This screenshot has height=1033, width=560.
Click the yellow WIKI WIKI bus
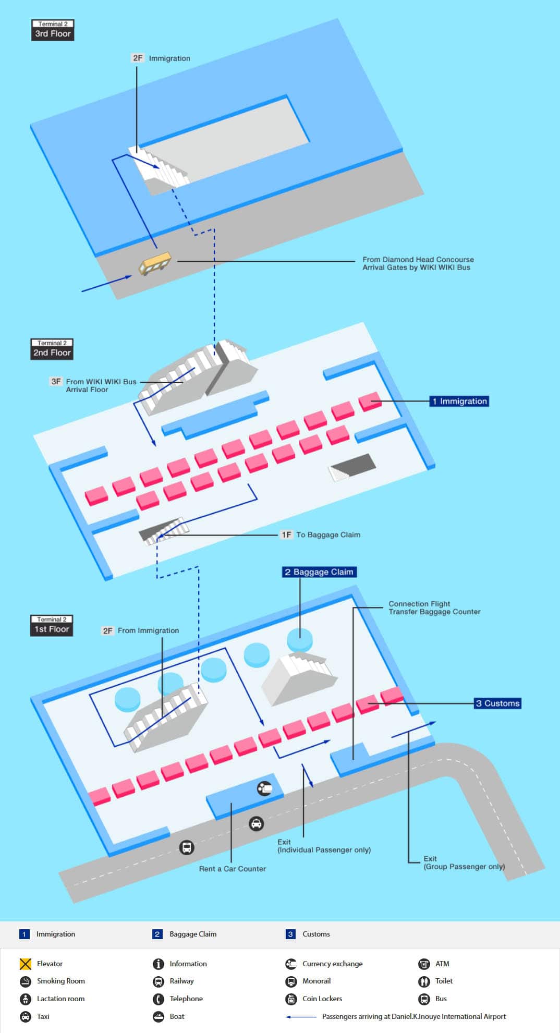point(155,263)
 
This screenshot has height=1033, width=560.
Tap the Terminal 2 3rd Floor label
point(53,30)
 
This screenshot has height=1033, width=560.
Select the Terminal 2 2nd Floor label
point(52,349)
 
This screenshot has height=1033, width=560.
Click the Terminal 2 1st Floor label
point(52,626)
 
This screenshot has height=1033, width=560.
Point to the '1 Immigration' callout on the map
point(459,401)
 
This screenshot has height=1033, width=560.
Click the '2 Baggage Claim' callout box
point(319,572)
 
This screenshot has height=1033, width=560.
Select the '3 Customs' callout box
point(498,703)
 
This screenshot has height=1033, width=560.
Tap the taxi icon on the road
point(256,824)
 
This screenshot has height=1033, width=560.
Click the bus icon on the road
point(187,847)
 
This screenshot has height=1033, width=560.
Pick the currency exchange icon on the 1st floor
point(264,788)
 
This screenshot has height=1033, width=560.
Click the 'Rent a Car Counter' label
point(233,869)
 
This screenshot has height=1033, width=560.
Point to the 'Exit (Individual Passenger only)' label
point(324,846)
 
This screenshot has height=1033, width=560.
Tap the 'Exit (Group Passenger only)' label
point(464,862)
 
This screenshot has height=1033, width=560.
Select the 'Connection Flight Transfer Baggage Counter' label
point(434,607)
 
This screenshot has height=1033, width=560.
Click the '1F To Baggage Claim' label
point(321,534)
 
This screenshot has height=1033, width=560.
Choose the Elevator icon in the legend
point(25,964)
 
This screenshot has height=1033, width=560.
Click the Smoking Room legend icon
point(26,981)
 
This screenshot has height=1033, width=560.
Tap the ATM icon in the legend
point(424,964)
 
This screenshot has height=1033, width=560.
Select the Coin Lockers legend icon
point(291,999)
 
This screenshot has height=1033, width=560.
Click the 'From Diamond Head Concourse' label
point(418,259)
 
